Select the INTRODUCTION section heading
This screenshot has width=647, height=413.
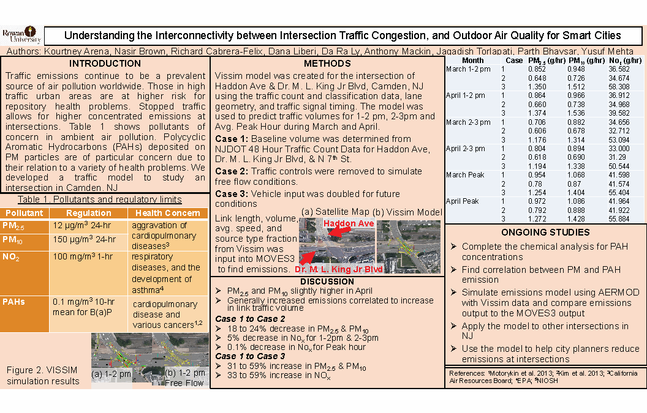[x=105, y=64]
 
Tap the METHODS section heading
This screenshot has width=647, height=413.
[x=327, y=64]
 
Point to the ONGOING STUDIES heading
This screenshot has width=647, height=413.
[x=545, y=233]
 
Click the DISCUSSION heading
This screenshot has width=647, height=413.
[x=327, y=281]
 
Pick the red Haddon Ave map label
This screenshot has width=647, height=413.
[x=349, y=224]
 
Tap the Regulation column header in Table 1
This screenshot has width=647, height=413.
[x=89, y=213]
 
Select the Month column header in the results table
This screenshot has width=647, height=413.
[x=472, y=61]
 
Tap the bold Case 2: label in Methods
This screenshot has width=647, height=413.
[x=230, y=171]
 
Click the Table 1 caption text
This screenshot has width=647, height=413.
[x=100, y=199]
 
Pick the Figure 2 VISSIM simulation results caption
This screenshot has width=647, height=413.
[x=43, y=376]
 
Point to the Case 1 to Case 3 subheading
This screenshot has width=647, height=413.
[x=251, y=356]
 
